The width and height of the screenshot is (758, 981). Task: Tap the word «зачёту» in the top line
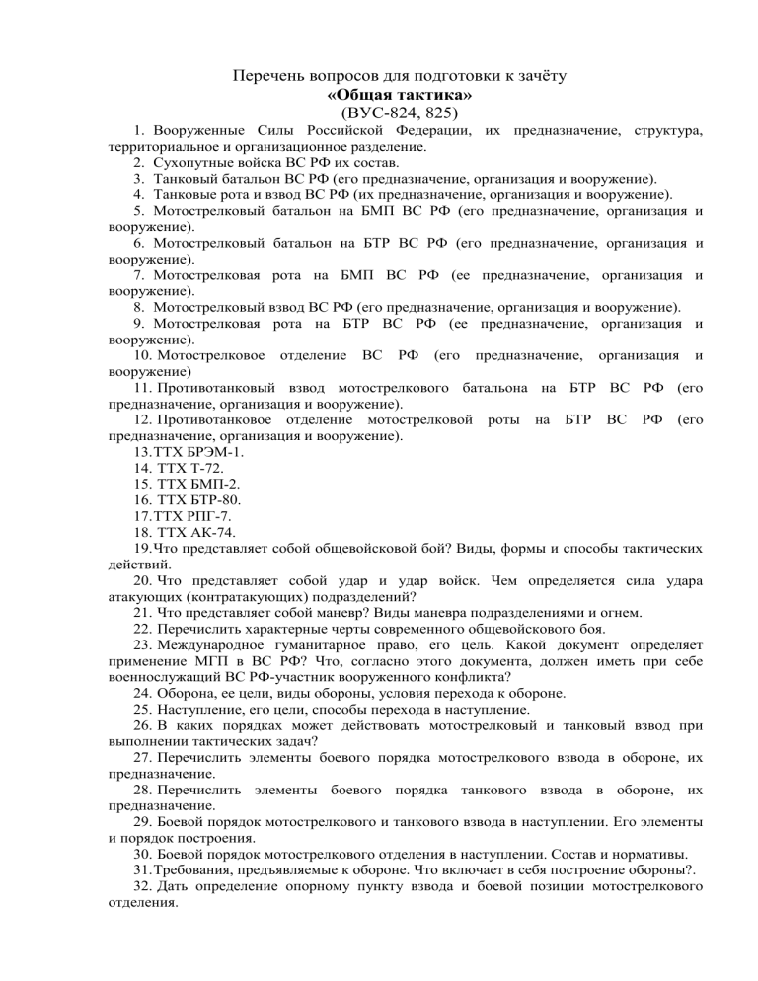tap(530, 76)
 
